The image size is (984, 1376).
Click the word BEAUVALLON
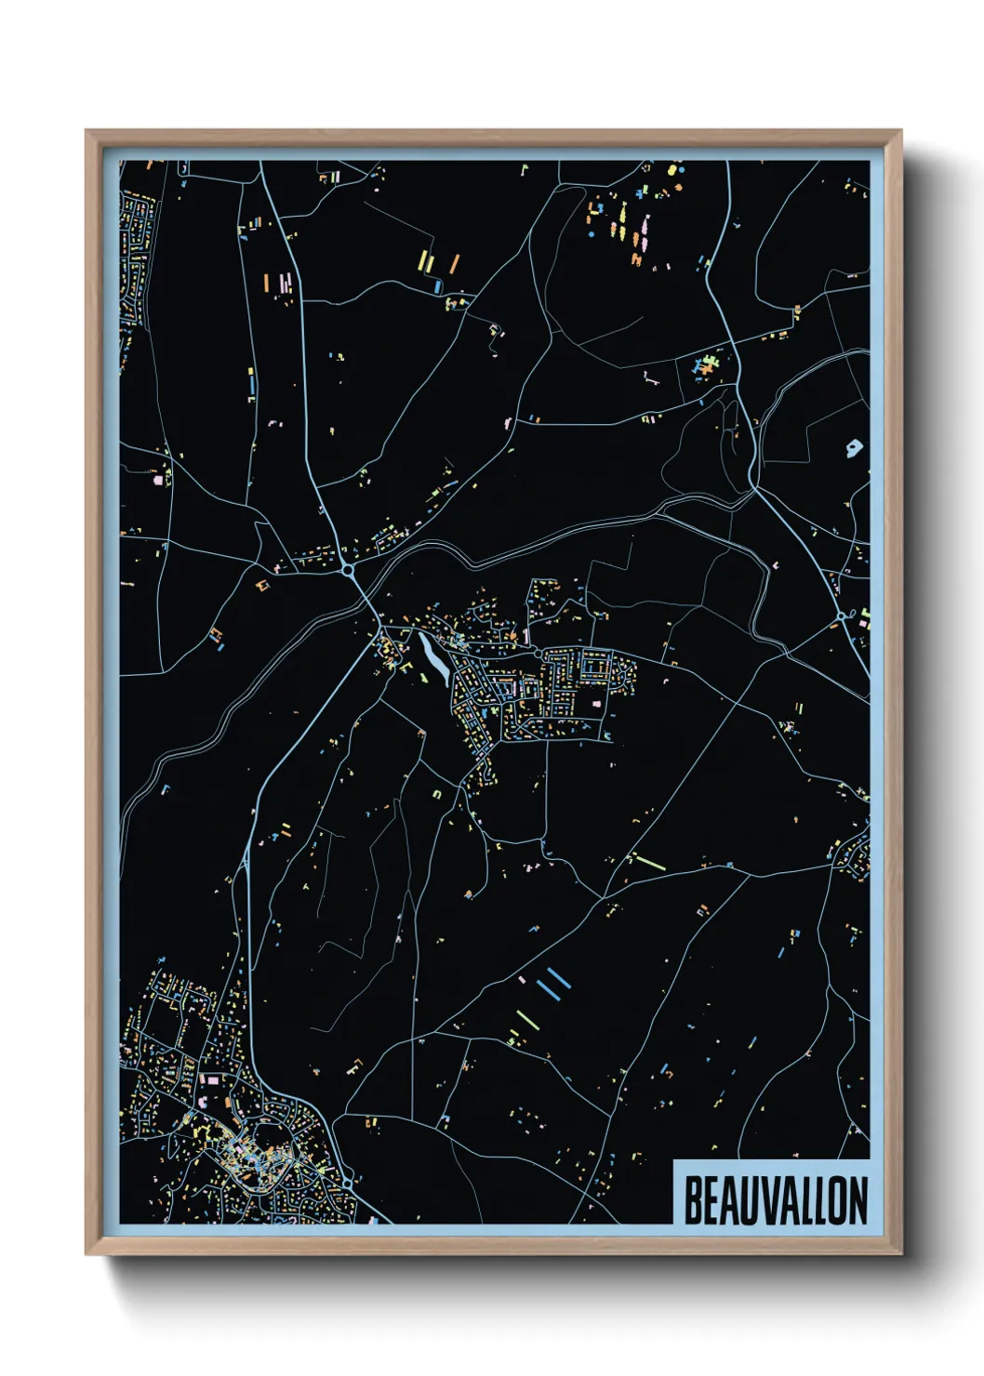[x=776, y=1200]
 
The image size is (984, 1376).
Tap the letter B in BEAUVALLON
[x=693, y=1200]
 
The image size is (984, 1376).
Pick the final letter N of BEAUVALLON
[x=858, y=1200]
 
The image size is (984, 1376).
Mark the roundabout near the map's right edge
[x=841, y=615]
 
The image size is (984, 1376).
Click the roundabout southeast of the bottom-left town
[x=348, y=1182]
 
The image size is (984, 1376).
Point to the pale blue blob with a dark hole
[x=854, y=449]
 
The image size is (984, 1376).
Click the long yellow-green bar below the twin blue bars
[x=526, y=1019]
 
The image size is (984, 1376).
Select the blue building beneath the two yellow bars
[x=438, y=287]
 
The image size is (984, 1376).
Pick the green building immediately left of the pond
[x=406, y=667]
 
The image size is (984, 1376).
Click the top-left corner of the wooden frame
[x=86, y=131]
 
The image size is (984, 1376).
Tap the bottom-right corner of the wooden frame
[x=900, y=1253]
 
